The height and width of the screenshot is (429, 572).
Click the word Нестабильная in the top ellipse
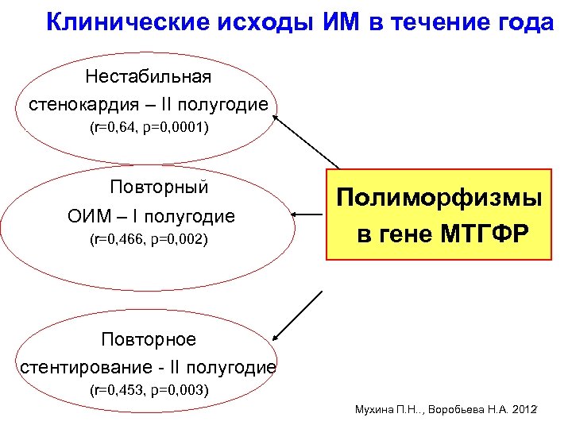point(148,77)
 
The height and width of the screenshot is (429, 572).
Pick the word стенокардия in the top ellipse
point(82,105)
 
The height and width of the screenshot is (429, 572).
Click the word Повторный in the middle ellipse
point(159,187)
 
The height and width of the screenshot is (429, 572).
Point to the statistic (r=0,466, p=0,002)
point(149,238)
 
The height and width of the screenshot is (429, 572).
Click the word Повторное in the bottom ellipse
point(148,340)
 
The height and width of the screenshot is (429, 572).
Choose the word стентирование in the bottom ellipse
point(72,367)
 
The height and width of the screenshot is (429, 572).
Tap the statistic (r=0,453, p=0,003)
point(149,390)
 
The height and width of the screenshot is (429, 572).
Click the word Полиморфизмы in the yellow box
point(439,199)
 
